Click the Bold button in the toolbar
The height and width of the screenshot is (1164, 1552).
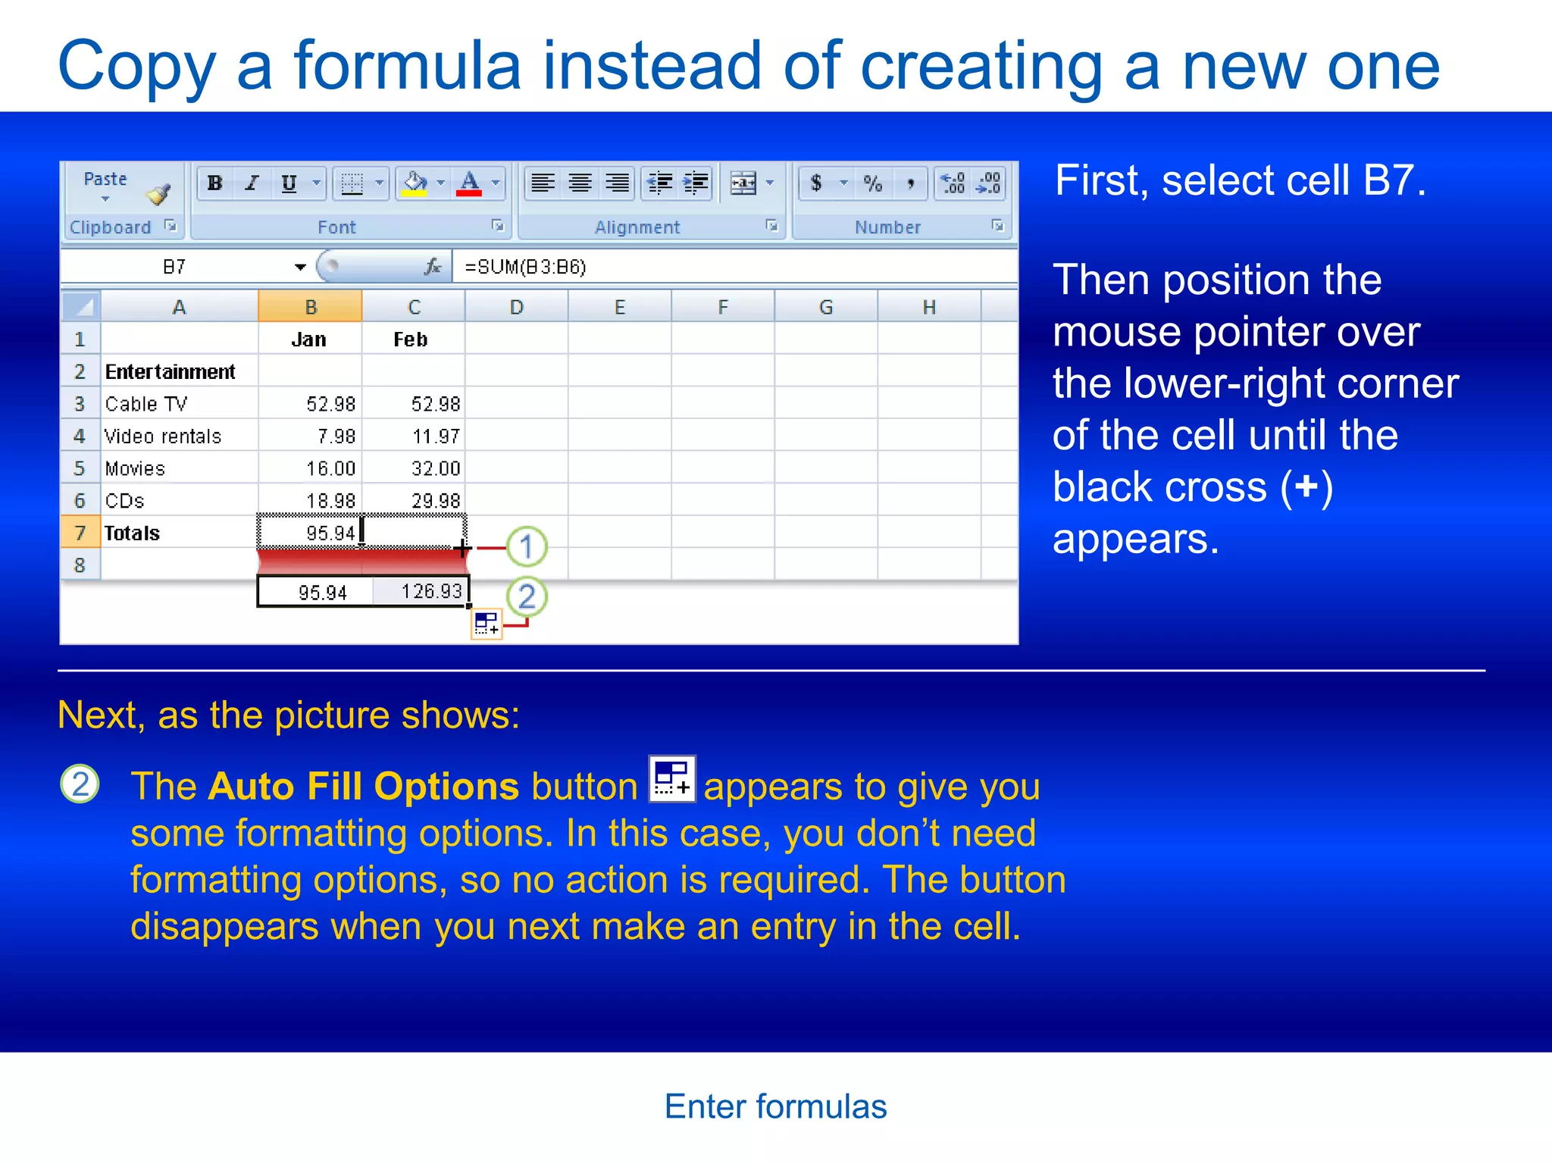pyautogui.click(x=215, y=183)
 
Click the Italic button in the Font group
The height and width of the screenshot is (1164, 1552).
pyautogui.click(x=252, y=183)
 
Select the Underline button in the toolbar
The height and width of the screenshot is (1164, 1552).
pyautogui.click(x=289, y=183)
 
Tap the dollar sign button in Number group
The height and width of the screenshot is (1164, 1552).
pyautogui.click(x=816, y=183)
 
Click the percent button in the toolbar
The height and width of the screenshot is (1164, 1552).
pyautogui.click(x=873, y=183)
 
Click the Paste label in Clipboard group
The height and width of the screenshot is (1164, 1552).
pyautogui.click(x=105, y=179)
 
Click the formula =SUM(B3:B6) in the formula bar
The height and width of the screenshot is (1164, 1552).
pyautogui.click(x=525, y=267)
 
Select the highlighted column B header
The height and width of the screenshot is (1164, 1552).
pyautogui.click(x=310, y=307)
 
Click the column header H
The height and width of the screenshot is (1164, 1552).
pyautogui.click(x=929, y=307)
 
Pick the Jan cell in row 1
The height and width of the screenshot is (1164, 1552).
pyautogui.click(x=309, y=339)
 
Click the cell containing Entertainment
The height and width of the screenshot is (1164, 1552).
pyautogui.click(x=171, y=372)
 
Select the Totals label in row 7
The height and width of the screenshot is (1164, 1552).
pyautogui.click(x=133, y=533)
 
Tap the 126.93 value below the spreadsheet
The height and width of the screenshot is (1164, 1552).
pyautogui.click(x=430, y=591)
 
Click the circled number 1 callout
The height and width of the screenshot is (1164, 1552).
pyautogui.click(x=527, y=546)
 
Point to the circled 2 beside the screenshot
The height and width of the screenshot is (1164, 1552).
pyautogui.click(x=527, y=596)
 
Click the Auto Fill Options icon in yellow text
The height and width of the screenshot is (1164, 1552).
pyautogui.click(x=672, y=779)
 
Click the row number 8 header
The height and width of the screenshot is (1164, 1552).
pyautogui.click(x=80, y=565)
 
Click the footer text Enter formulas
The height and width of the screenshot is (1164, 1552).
pyautogui.click(x=775, y=1106)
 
